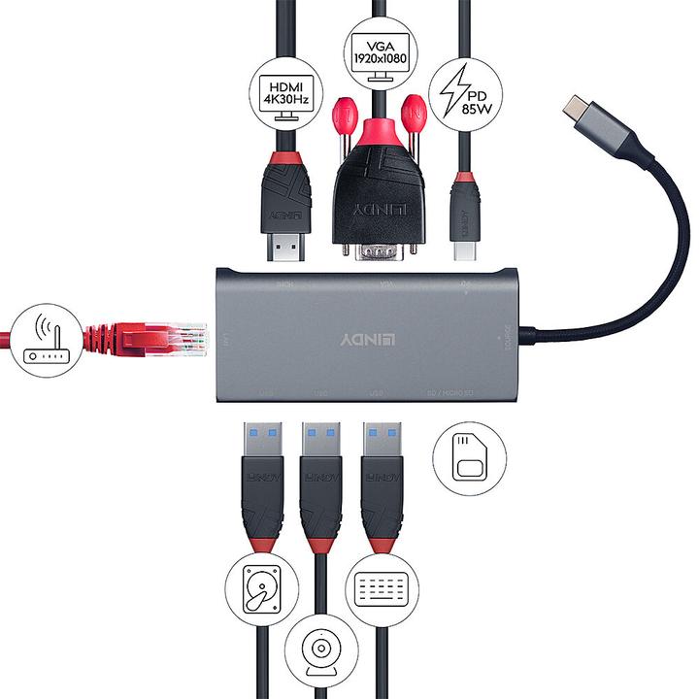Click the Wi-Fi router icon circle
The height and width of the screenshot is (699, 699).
pyautogui.click(x=45, y=337)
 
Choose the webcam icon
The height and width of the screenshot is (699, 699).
pyautogui.click(x=321, y=648)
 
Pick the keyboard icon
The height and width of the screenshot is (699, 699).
pyautogui.click(x=381, y=588)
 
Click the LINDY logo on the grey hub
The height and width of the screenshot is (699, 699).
pyautogui.click(x=369, y=341)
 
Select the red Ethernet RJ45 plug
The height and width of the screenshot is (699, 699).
pyautogui.click(x=146, y=339)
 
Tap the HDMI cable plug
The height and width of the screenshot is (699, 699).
pyautogui.click(x=285, y=209)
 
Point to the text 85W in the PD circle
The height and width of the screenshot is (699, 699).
pyautogui.click(x=473, y=108)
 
